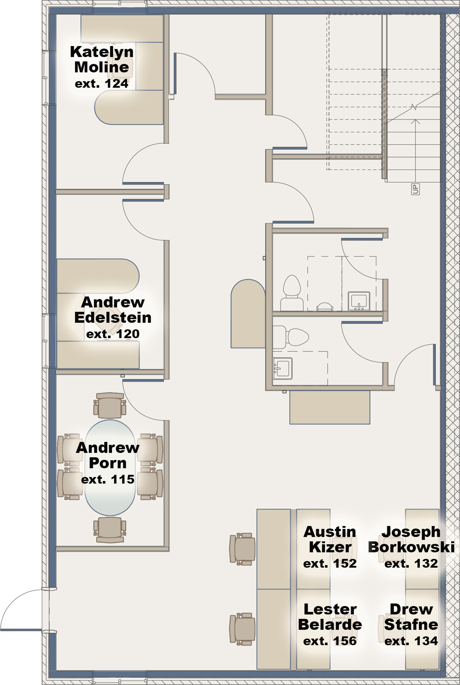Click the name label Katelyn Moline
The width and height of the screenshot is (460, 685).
click(x=102, y=60)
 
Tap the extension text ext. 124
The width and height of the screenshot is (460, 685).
click(x=102, y=84)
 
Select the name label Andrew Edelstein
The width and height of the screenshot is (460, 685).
click(x=113, y=310)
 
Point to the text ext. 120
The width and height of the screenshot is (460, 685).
click(x=113, y=334)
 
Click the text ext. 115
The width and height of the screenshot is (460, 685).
click(x=108, y=479)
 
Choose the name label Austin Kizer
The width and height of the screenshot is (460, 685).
click(x=330, y=540)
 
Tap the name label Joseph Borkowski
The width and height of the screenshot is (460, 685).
click(x=411, y=540)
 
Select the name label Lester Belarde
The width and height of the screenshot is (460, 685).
click(x=330, y=617)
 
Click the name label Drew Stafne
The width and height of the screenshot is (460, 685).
click(x=411, y=617)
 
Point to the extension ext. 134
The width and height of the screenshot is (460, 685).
click(x=411, y=641)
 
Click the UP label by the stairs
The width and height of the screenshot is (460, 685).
click(x=415, y=189)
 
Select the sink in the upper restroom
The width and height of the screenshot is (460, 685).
click(x=359, y=301)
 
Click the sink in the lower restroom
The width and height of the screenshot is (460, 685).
click(x=283, y=368)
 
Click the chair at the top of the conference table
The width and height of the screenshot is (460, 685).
click(x=110, y=405)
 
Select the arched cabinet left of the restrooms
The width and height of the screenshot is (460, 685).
click(x=248, y=314)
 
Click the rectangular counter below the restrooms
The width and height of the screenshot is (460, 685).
click(x=329, y=407)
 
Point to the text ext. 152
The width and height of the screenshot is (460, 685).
click(x=330, y=564)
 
